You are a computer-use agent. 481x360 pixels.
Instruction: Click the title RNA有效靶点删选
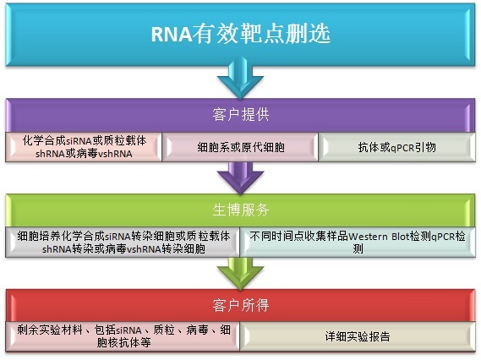click(240, 35)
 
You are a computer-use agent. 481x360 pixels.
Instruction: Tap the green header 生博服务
click(240, 208)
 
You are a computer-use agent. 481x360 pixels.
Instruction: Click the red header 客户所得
click(240, 303)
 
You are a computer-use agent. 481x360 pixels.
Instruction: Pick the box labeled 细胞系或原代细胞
click(240, 147)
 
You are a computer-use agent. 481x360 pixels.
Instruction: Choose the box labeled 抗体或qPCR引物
click(396, 147)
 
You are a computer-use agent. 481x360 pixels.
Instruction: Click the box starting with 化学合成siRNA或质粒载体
click(84, 147)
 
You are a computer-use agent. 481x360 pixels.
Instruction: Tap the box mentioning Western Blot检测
click(358, 243)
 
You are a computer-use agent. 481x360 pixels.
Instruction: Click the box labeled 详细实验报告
click(358, 336)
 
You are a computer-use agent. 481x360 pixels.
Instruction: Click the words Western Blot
click(377, 236)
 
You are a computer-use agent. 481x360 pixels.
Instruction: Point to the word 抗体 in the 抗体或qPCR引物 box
click(369, 147)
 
